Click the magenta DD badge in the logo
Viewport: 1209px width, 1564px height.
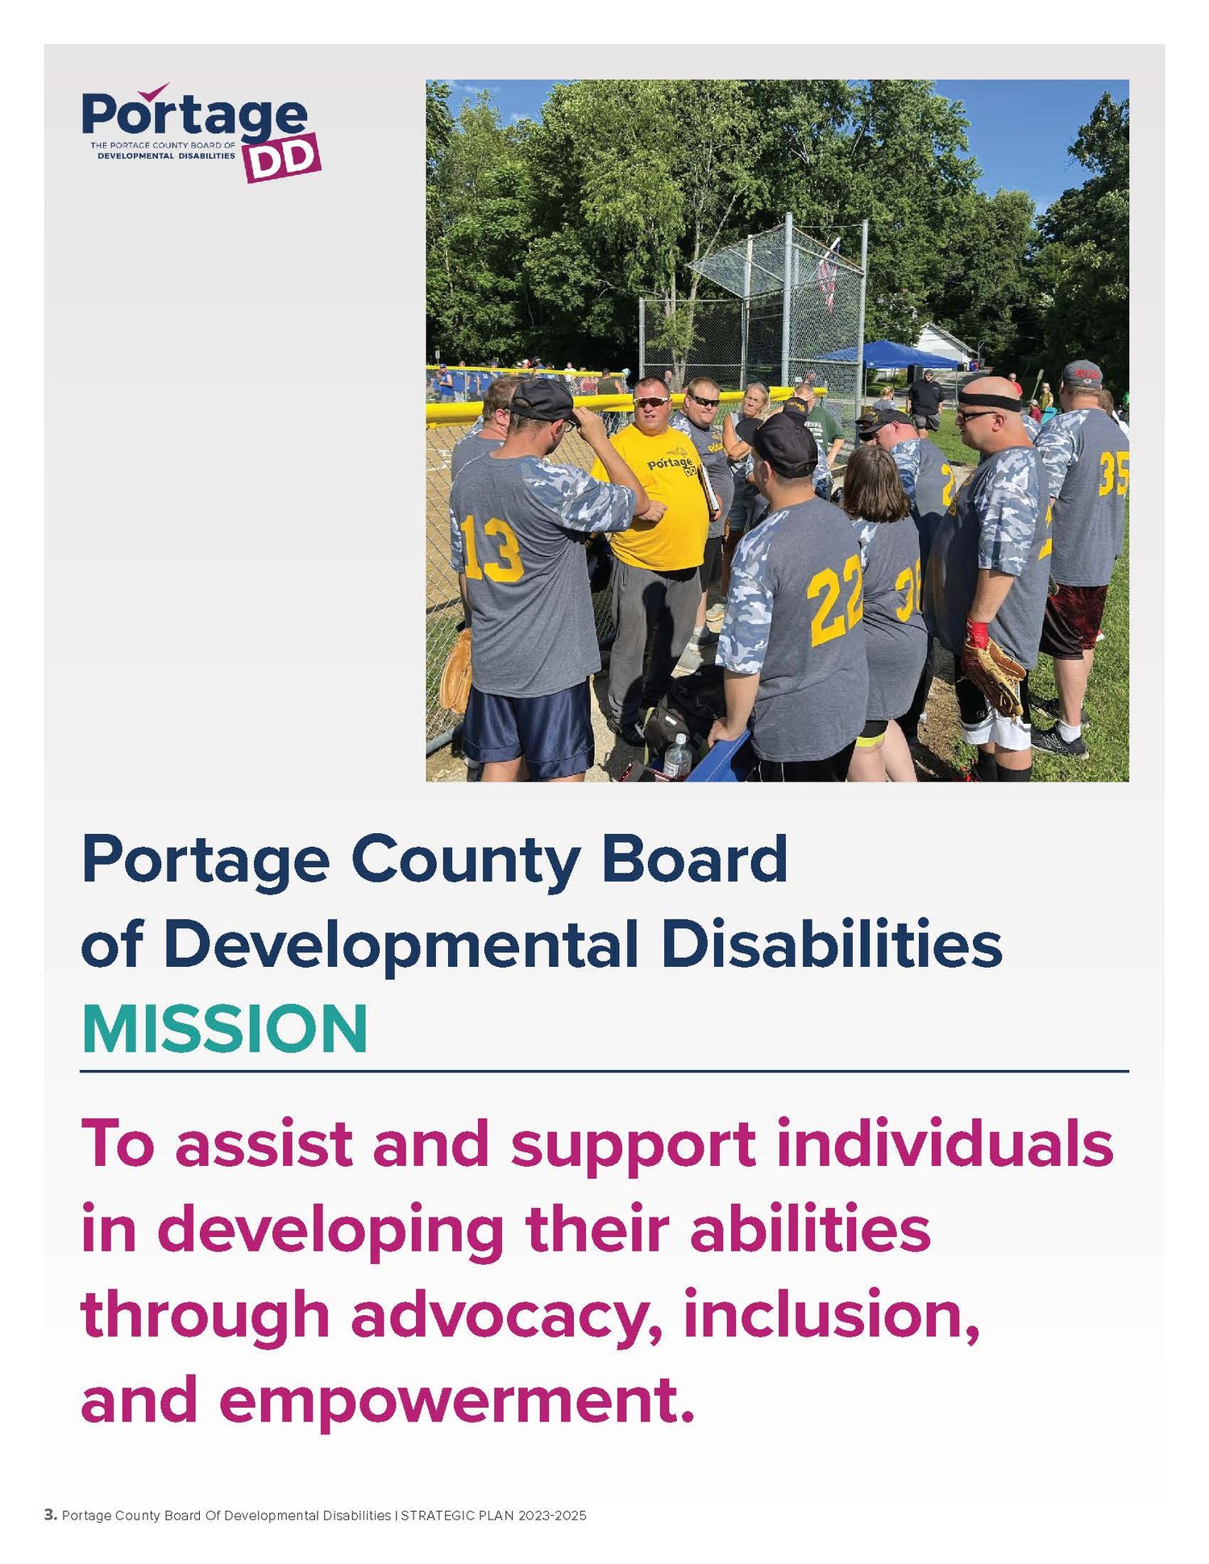[283, 159]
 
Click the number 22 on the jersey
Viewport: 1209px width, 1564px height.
[835, 599]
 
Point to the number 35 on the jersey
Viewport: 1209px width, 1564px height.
[1113, 474]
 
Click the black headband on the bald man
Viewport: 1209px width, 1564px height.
[990, 400]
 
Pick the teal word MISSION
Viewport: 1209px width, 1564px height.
[224, 1029]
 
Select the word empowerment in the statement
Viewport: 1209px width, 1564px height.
[456, 1400]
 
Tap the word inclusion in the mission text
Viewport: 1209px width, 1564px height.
[831, 1314]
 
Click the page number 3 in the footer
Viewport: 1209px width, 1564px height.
[50, 1515]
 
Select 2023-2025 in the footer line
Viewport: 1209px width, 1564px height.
[552, 1516]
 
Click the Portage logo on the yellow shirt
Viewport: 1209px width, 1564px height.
[671, 465]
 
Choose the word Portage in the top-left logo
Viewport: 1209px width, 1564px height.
[194, 115]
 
